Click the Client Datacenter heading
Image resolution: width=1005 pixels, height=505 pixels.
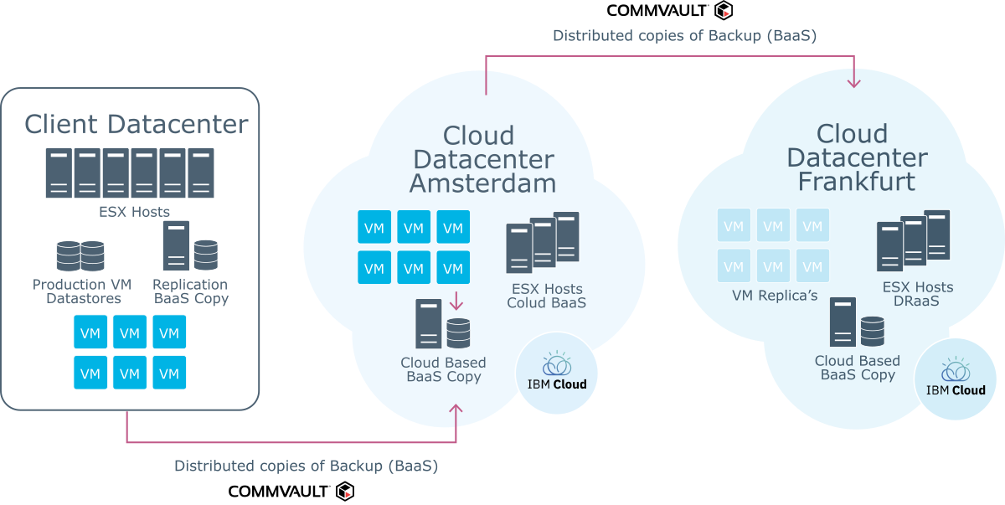tap(136, 124)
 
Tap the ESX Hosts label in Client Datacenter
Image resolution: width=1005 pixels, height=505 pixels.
tap(134, 212)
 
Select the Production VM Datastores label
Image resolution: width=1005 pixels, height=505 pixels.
tap(82, 291)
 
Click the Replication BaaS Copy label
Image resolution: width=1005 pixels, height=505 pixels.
tap(191, 291)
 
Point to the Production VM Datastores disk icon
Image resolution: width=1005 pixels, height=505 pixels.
tap(80, 255)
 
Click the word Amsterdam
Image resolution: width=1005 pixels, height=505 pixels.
tap(482, 183)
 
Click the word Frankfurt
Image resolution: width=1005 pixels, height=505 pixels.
tap(857, 181)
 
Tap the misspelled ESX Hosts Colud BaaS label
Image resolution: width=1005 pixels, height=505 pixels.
tap(546, 296)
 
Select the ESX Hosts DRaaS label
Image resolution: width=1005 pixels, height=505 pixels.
tap(918, 294)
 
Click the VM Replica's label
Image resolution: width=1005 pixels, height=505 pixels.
tap(775, 296)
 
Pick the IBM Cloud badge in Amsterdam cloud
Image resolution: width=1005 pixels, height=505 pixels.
tap(557, 373)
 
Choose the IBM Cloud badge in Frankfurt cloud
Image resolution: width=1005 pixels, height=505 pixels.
tap(956, 379)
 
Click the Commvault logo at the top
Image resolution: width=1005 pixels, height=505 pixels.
tap(669, 10)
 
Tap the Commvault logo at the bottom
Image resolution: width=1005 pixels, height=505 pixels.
tap(291, 491)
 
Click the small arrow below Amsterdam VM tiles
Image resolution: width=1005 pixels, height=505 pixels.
tap(456, 301)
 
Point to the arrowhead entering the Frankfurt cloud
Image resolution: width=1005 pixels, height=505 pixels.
tap(853, 83)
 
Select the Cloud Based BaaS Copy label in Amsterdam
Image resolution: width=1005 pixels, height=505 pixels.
tap(443, 369)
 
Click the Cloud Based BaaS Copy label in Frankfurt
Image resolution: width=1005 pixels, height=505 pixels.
tap(858, 368)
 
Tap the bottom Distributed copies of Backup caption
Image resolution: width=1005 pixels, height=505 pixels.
tap(306, 466)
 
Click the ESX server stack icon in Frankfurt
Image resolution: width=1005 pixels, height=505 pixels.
tap(914, 240)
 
